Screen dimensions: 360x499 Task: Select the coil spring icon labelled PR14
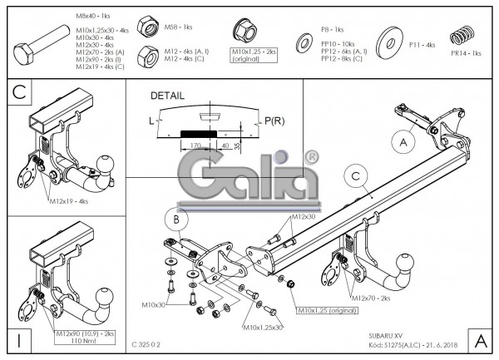[460, 37]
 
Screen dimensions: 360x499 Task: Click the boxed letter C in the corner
[22, 92]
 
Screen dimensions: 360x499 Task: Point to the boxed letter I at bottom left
[18, 338]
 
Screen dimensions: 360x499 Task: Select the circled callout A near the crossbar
[404, 142]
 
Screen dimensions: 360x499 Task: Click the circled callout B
[175, 219]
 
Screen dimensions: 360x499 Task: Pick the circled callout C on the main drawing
[355, 175]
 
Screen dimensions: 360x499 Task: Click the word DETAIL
[168, 96]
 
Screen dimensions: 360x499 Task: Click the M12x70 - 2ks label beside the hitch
[370, 297]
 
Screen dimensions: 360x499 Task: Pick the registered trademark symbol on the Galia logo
[311, 155]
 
